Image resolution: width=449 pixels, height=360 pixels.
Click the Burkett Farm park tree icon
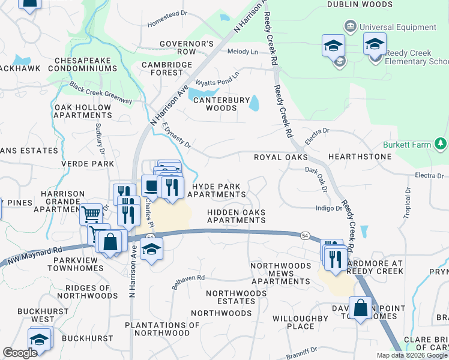coord(441,144)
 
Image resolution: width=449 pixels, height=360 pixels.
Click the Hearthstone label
coord(360,157)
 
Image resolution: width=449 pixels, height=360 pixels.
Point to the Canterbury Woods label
coord(220,104)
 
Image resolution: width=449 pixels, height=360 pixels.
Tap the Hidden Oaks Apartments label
coord(237,216)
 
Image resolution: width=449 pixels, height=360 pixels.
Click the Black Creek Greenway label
coord(100,93)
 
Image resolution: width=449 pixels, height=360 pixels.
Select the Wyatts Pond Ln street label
coord(217,79)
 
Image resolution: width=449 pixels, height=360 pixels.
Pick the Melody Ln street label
coord(243,52)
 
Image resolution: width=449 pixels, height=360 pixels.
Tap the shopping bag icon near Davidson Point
coord(360,308)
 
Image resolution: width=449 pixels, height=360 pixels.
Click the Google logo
coord(20,352)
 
